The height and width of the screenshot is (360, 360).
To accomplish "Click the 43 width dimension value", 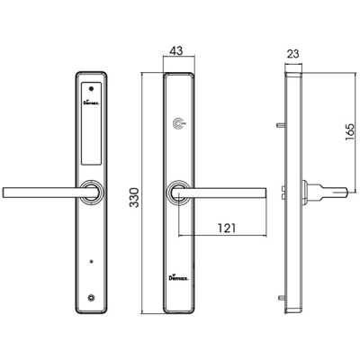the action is click(175, 50).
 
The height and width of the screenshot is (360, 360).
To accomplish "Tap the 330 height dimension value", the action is click(134, 197).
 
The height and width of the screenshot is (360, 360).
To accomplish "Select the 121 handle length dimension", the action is click(227, 229).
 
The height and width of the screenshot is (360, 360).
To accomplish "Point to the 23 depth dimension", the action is click(292, 54).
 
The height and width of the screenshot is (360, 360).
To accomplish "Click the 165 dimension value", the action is click(350, 131).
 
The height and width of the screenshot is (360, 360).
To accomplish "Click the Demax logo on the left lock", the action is click(91, 102).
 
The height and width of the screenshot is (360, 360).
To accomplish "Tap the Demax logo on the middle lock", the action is click(178, 277).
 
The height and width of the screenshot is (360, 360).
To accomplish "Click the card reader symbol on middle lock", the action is click(179, 123).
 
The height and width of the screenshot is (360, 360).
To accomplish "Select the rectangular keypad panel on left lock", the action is click(91, 123).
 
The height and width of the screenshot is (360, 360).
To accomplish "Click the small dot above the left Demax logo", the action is click(91, 89).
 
